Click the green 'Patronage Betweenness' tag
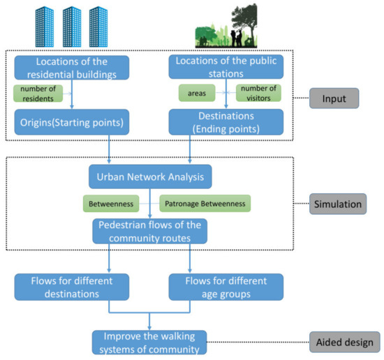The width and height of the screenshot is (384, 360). click(x=204, y=203)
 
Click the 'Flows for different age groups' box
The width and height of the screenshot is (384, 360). click(x=226, y=286)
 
